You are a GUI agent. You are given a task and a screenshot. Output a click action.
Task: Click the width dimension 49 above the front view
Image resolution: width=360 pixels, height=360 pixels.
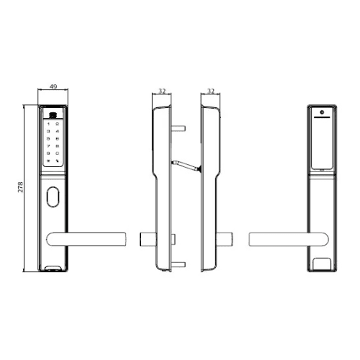click(53, 86)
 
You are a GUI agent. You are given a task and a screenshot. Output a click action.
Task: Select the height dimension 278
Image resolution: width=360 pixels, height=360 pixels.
click(21, 187)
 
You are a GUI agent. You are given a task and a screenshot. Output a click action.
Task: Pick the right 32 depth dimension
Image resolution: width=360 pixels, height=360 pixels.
click(210, 92)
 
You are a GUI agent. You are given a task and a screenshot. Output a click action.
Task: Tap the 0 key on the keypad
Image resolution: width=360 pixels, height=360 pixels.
click(58, 153)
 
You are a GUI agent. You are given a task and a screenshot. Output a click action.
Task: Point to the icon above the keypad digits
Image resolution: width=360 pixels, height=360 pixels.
click(53, 114)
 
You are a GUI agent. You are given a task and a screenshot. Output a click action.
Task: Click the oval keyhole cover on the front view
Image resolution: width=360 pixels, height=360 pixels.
click(53, 197)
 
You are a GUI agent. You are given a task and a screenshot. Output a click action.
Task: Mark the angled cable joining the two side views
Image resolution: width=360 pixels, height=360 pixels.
click(185, 165)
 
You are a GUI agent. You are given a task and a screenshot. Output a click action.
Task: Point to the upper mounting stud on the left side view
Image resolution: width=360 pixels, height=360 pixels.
click(181, 130)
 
